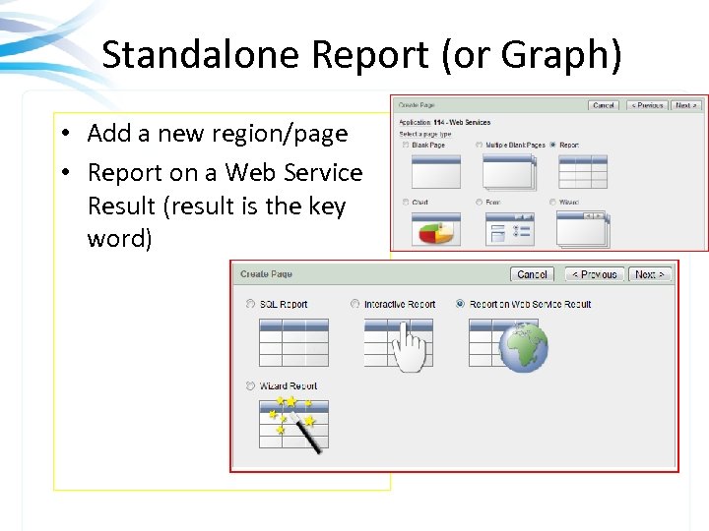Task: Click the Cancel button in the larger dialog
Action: [x=532, y=274]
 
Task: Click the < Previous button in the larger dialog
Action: [x=593, y=274]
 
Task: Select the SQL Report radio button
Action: [x=251, y=305]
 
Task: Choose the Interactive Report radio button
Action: [x=355, y=305]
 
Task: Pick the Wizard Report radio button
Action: [x=251, y=386]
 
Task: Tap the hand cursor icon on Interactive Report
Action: [x=409, y=349]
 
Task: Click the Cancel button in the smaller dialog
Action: [x=603, y=105]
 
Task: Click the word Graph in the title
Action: [x=565, y=55]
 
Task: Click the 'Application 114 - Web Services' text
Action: [x=444, y=123]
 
